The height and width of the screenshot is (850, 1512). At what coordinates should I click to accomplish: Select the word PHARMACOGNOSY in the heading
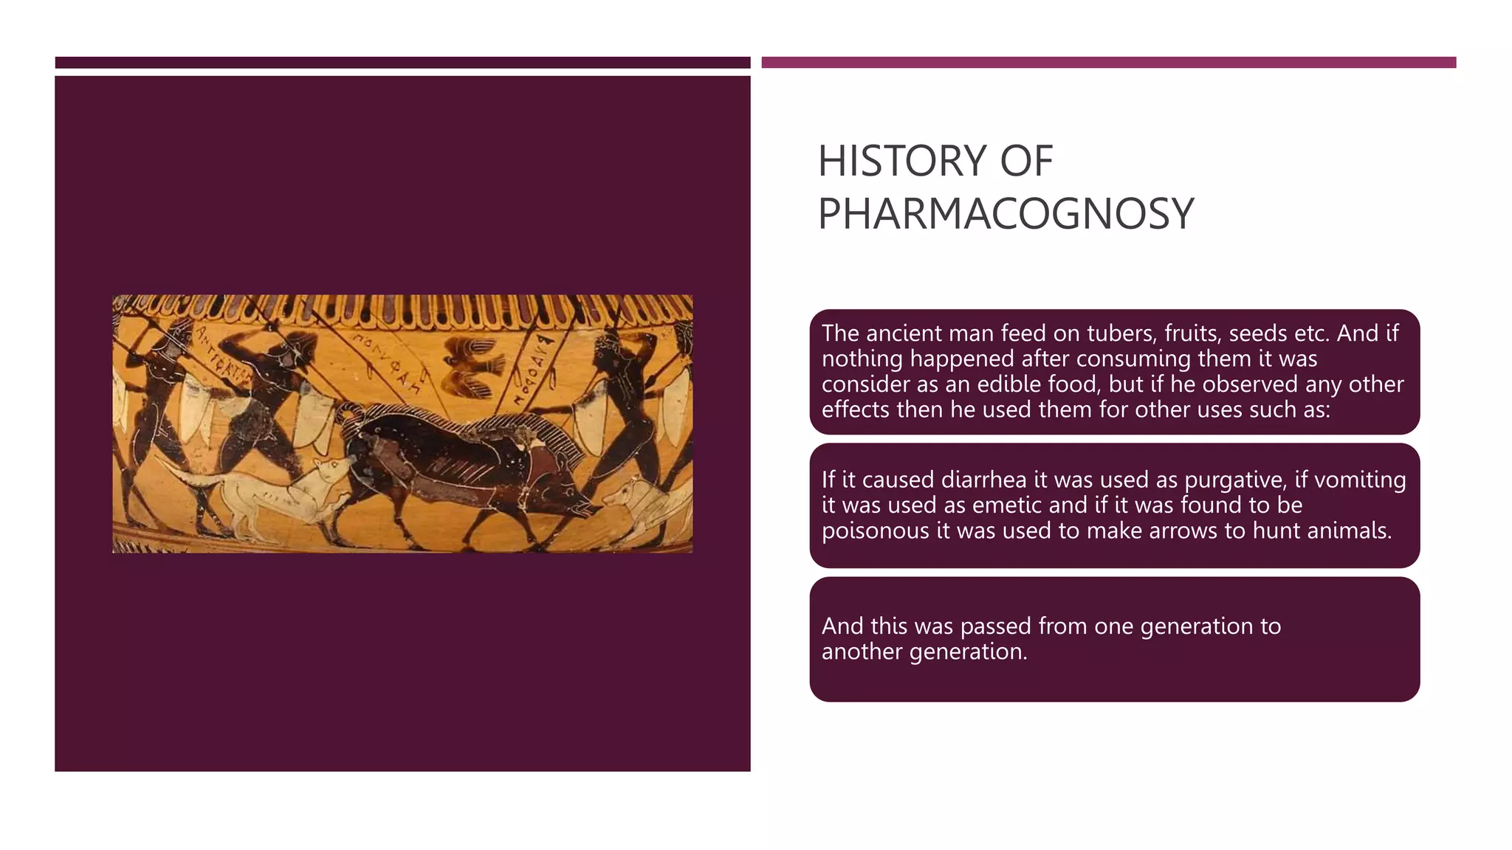point(1006,214)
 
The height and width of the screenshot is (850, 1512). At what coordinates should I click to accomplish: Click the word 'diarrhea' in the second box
point(983,480)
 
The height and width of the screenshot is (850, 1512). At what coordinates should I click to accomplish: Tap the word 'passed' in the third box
point(996,626)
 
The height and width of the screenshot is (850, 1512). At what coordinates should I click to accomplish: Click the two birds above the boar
point(472,367)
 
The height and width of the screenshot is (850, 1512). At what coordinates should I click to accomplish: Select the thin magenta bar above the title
point(1108,63)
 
